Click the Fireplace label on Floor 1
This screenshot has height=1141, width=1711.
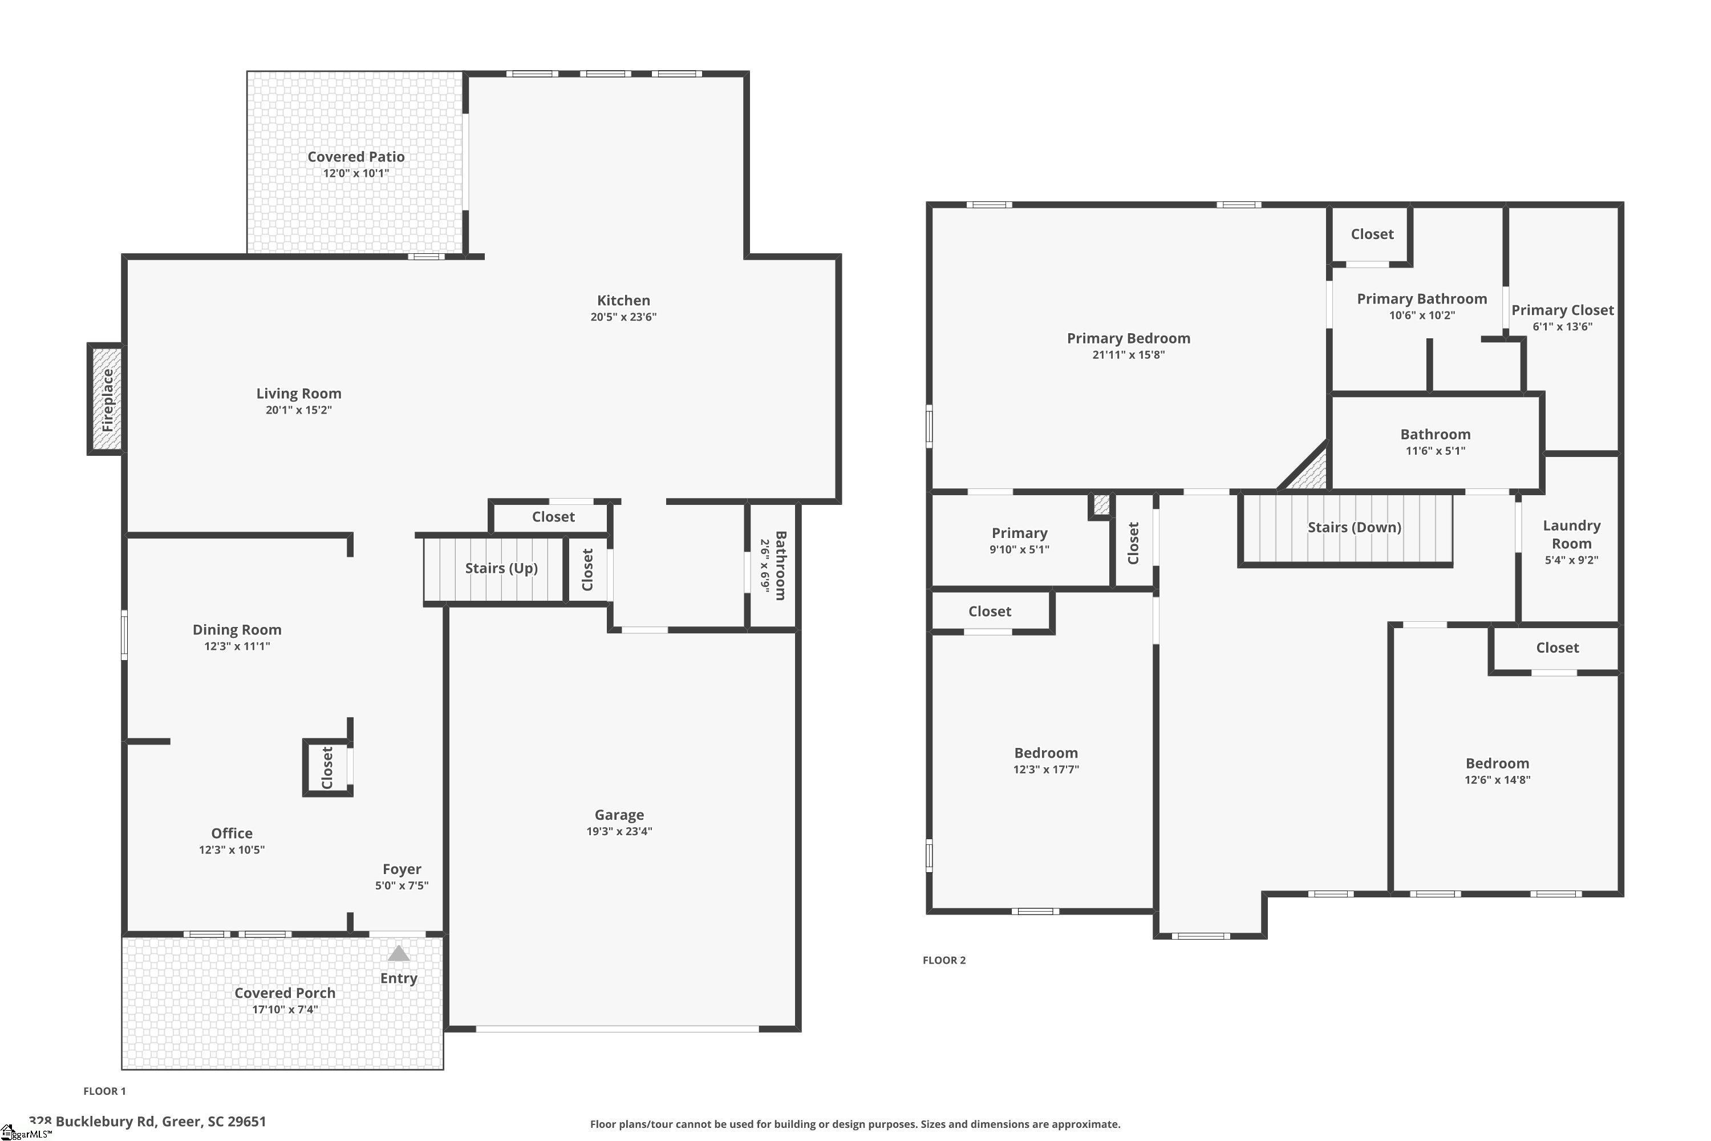coord(108,399)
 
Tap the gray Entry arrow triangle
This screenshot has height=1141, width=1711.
coord(398,953)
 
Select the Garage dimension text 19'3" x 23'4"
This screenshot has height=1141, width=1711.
coord(619,831)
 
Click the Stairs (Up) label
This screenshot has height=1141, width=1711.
coord(501,568)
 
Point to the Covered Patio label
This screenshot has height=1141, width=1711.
coord(356,156)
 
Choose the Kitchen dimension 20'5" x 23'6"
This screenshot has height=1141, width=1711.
coord(623,317)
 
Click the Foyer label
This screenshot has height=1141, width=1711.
coord(402,869)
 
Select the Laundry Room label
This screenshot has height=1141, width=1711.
coord(1571,534)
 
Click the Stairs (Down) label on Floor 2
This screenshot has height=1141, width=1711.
coord(1354,527)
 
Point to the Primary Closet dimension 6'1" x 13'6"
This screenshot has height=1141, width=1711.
coord(1562,327)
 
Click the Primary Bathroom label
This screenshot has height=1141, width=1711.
coord(1421,298)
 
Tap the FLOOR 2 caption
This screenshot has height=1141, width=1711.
coord(943,960)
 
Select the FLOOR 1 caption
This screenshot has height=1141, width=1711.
coord(104,1091)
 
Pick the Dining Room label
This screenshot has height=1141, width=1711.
coord(237,629)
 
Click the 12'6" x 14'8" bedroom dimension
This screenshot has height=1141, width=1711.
coord(1497,779)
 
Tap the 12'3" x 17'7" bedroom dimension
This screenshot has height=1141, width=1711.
coord(1045,769)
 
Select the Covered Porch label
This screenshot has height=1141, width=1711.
coord(285,993)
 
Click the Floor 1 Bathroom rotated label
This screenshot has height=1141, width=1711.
coord(780,565)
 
